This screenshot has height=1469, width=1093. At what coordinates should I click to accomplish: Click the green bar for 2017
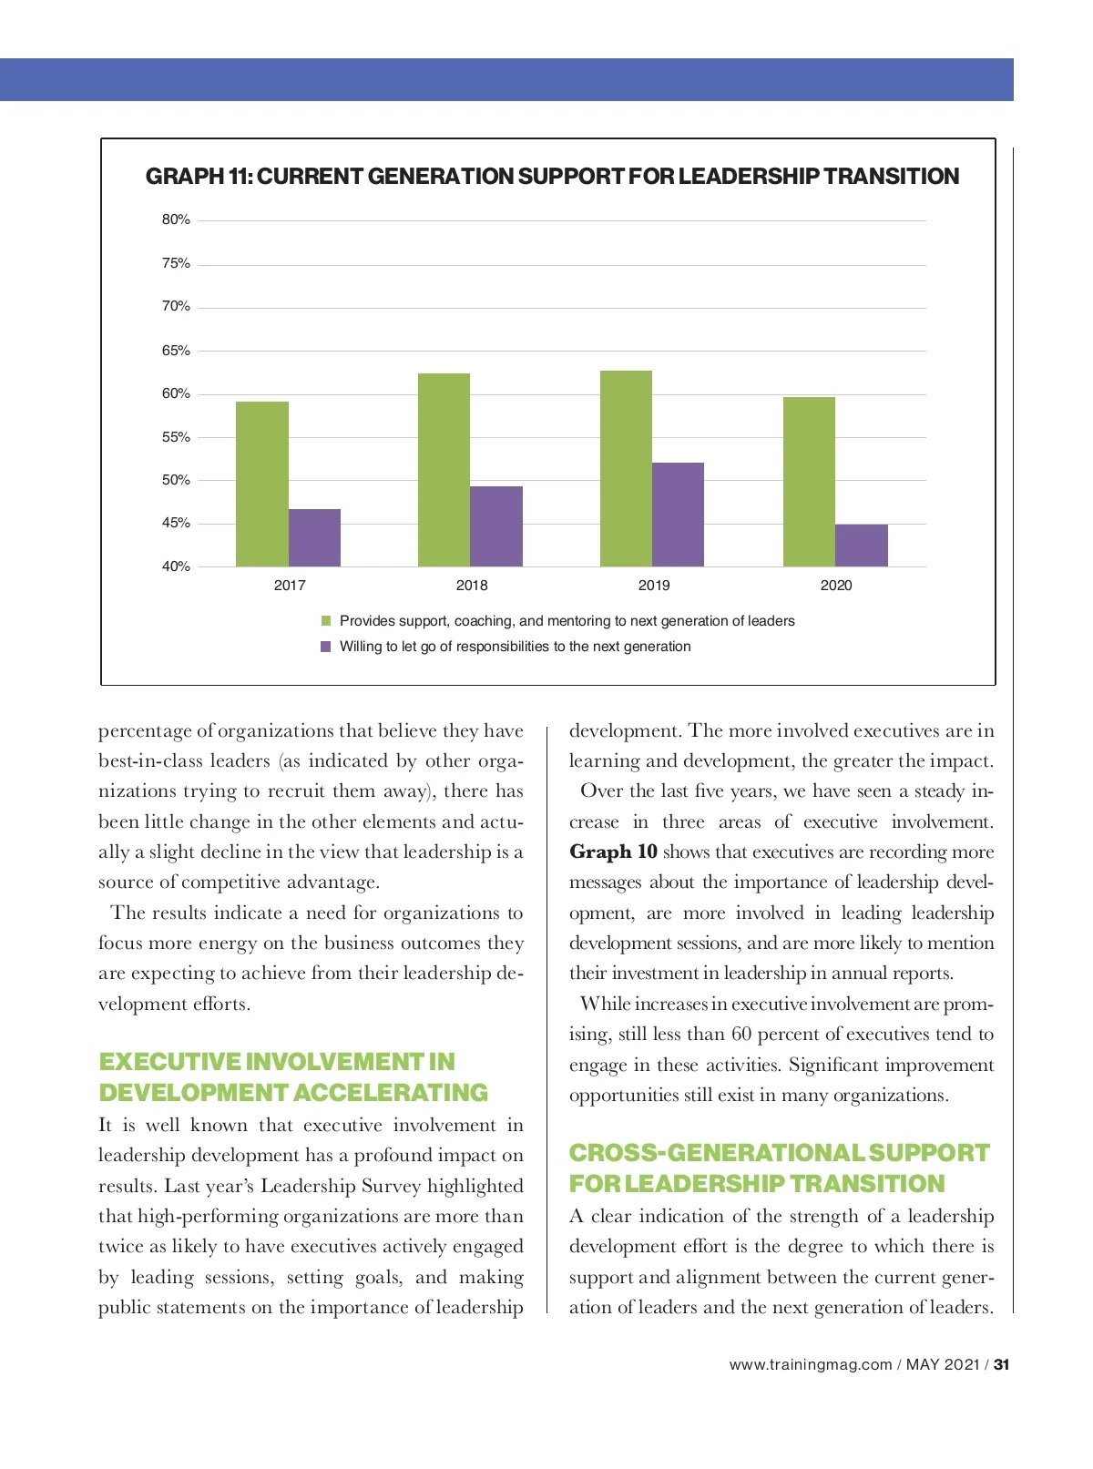262,484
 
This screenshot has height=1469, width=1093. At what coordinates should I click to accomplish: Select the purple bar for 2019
678,515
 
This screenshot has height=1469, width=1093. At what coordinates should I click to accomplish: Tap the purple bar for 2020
861,546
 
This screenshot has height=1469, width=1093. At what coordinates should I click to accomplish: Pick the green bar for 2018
444,470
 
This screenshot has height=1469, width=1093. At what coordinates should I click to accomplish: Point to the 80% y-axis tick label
176,219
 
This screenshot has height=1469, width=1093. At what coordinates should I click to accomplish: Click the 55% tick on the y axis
176,437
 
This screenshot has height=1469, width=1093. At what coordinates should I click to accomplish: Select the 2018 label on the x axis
472,586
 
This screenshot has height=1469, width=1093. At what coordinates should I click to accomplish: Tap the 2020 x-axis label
836,586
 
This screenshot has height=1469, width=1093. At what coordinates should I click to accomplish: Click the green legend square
326,621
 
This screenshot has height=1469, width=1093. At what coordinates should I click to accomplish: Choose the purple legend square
326,647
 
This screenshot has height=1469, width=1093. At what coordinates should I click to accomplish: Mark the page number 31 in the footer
1002,1364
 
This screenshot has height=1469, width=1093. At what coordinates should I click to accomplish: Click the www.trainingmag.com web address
811,1364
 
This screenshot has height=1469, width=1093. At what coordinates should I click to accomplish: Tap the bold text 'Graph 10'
613,852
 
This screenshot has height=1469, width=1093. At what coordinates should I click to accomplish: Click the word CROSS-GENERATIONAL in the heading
716,1153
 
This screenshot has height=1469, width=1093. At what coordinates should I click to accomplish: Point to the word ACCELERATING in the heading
392,1093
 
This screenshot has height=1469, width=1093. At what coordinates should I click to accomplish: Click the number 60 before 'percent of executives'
741,1035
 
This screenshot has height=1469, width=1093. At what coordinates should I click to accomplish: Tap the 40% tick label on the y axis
176,566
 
